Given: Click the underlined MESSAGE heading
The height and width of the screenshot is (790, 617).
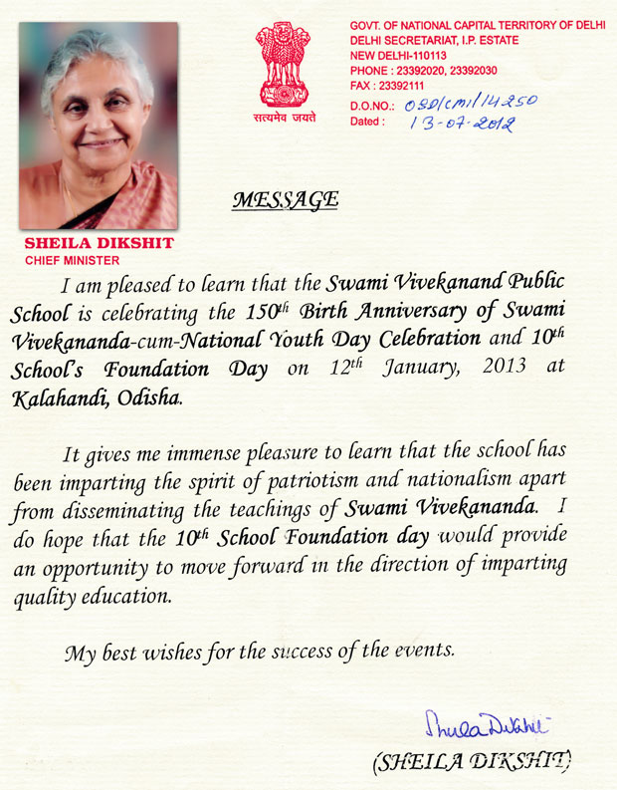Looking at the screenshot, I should click(285, 199).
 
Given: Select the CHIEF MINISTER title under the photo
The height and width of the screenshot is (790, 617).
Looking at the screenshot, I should click(71, 260).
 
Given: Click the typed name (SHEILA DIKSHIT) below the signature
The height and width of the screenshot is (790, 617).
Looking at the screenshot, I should click(472, 764).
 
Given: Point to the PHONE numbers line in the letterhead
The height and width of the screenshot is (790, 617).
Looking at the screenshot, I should click(431, 71).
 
